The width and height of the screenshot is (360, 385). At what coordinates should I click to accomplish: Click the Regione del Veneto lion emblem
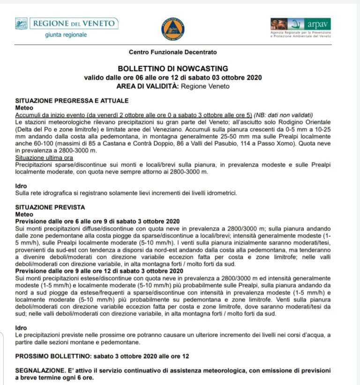click(21, 23)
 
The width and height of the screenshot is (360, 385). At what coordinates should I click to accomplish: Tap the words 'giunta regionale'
click(66, 35)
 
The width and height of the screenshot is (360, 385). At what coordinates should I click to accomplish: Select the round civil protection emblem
click(172, 28)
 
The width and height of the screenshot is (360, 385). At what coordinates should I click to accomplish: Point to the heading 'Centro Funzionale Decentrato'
click(173, 52)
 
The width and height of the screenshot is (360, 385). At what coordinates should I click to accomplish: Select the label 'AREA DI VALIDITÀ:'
click(148, 86)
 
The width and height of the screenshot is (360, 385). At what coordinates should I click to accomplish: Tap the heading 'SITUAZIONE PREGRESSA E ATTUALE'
click(72, 101)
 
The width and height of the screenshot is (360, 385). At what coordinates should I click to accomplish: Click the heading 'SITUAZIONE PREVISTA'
click(50, 207)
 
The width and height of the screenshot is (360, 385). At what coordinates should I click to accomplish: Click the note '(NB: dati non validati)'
click(284, 115)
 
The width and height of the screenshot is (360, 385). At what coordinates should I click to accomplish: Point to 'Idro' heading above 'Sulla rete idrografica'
click(22, 185)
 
